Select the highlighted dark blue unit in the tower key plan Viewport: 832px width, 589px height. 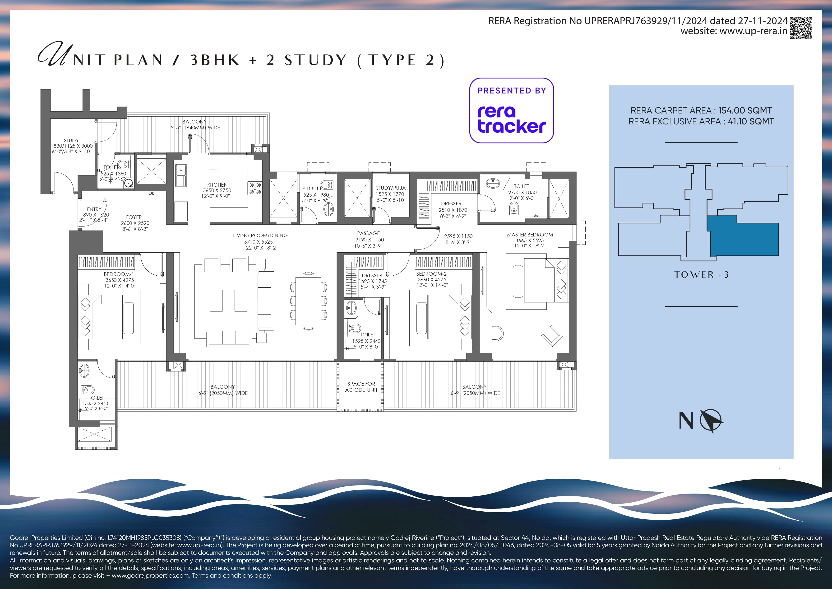click(743, 236)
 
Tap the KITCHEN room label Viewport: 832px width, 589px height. click(217, 185)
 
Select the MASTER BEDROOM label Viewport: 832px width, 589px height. click(530, 235)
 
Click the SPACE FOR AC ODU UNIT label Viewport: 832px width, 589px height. click(361, 387)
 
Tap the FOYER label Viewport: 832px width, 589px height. click(134, 217)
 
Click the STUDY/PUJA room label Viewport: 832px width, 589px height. click(391, 188)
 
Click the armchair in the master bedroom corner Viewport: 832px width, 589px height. click(552, 335)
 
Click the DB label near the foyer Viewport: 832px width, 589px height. click(152, 193)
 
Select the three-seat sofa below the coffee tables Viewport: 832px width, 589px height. click(229, 337)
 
